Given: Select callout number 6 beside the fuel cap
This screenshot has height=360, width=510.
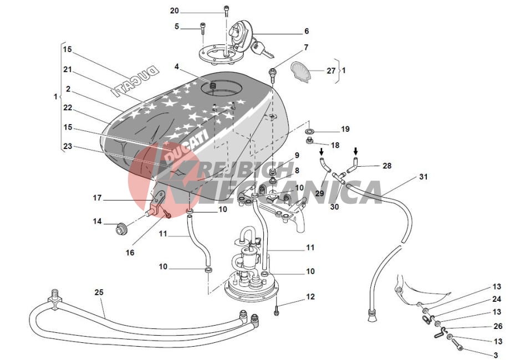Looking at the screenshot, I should (x=306, y=32).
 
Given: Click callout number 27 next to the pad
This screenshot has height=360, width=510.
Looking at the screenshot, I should (x=331, y=71).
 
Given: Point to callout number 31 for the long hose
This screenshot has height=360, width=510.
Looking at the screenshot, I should (x=423, y=177).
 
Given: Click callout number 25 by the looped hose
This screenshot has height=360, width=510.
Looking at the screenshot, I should (x=99, y=292).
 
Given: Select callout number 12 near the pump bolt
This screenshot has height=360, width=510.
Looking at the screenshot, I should (x=310, y=297).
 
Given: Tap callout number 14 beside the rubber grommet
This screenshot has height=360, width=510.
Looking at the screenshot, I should (x=98, y=222).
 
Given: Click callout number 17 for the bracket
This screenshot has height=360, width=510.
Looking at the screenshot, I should (x=98, y=198).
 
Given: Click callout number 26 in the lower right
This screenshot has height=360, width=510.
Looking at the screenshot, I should (x=498, y=326).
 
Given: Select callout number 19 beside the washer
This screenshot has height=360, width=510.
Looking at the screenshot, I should (x=345, y=129).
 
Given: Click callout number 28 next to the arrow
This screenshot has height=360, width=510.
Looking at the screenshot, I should (x=387, y=165).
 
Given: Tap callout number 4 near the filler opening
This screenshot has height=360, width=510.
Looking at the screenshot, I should (x=177, y=66).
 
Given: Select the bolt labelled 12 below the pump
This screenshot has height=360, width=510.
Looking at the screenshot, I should (x=276, y=312).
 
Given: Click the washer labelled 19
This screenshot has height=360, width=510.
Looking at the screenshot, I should (x=309, y=131).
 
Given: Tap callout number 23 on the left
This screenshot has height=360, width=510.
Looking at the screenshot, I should (x=67, y=147).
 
